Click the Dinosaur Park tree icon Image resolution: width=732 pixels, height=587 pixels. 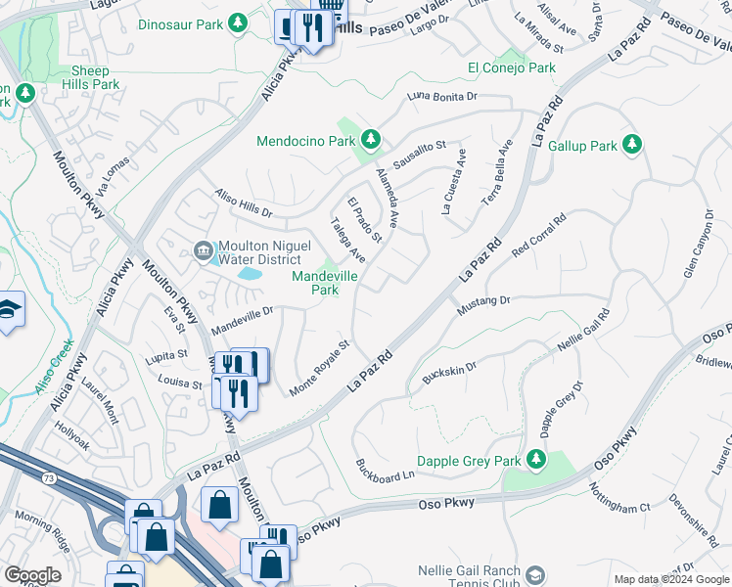[237, 22]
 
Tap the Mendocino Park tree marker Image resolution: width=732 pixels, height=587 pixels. [371, 141]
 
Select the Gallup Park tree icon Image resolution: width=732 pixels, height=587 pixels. [632, 146]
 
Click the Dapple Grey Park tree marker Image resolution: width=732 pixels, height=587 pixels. [535, 459]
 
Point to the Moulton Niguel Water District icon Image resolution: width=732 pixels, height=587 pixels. [204, 250]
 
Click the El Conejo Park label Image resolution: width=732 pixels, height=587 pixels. [511, 68]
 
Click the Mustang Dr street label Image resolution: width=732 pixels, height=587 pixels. [483, 305]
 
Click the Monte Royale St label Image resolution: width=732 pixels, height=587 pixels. [320, 368]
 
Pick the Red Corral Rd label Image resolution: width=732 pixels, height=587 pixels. [539, 236]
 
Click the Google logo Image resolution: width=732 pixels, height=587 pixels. [32, 575]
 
